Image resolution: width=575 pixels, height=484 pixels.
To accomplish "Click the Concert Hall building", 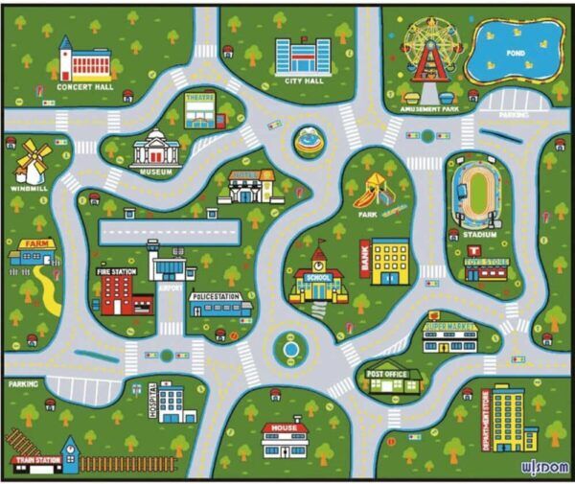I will point(84,63).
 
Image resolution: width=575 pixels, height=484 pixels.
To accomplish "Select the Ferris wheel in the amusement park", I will point(429,48).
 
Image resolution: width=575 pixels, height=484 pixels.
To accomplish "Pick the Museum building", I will point(154,150).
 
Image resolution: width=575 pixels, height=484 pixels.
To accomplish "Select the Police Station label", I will point(218,297).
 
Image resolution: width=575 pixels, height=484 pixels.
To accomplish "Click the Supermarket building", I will point(451,337).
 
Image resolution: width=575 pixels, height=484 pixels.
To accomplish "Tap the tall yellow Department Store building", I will point(508,419).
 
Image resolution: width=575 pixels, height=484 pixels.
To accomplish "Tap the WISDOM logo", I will point(541,468).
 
